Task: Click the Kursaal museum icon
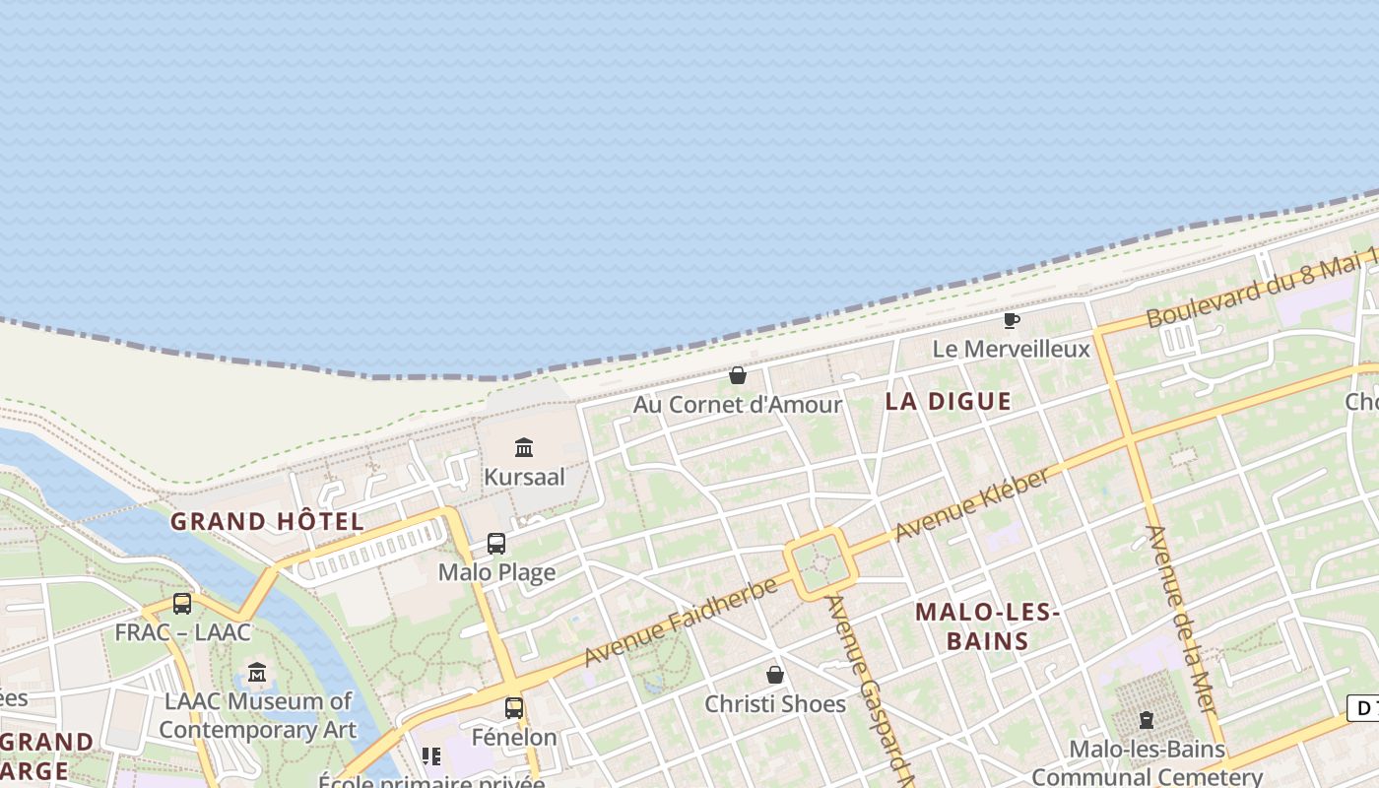(x=524, y=448)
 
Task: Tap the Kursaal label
(x=524, y=477)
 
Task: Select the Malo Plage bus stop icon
(x=496, y=544)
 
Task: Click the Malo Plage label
(x=496, y=572)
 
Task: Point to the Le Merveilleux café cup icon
(x=1011, y=320)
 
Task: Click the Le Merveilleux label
(x=1011, y=349)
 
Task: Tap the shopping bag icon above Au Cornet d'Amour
(x=737, y=375)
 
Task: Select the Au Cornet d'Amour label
(x=737, y=404)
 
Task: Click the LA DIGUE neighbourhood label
(x=948, y=401)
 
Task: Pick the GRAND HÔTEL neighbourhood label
(x=267, y=521)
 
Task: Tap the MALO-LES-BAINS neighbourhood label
(x=987, y=626)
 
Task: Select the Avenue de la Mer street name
(x=1181, y=620)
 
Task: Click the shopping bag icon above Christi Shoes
(x=775, y=675)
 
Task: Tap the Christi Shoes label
(x=775, y=703)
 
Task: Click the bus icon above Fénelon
(x=513, y=707)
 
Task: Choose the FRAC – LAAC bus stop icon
(x=182, y=604)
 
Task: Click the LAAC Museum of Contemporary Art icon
(x=257, y=673)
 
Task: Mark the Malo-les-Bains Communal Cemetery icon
(x=1146, y=720)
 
